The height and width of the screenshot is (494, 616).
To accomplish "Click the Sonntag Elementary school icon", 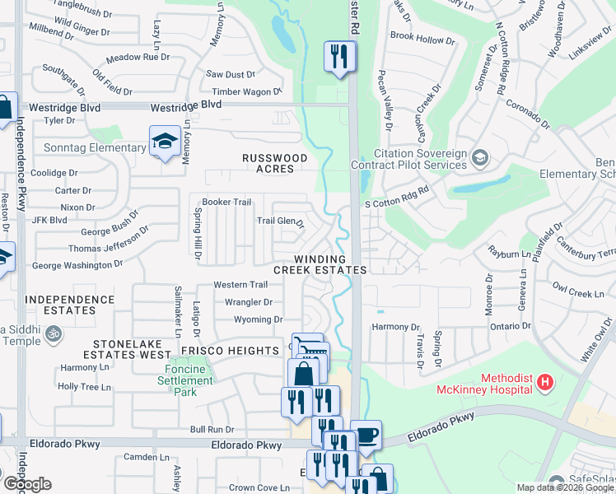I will pos(165,142).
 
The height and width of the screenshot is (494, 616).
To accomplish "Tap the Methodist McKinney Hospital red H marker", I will pos(545,383).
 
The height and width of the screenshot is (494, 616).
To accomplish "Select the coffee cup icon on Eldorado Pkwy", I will pos(366,435).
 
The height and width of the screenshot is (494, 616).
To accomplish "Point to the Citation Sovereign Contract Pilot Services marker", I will pos(479,156).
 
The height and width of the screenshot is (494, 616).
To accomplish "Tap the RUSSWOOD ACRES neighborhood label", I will pos(274,163).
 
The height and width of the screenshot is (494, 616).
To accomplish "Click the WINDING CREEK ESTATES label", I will pos(320,264).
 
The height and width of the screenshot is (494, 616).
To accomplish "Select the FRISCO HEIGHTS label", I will pos(231,351).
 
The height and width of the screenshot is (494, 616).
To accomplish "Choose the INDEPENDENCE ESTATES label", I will pos(71,305).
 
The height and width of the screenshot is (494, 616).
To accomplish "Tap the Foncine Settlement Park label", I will pos(187,387).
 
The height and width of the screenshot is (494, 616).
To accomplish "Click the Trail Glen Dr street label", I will pos(280,221).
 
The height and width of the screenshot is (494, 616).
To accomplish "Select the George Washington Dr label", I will pos(77,265).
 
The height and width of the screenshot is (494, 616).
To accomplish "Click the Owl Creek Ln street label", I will pos(578,293).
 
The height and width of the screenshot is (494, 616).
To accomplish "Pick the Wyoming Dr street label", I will pos(258,319).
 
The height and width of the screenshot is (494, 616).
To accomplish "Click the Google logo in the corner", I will pos(26,484).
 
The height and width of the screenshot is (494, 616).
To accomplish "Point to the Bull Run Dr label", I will pos(212,429).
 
